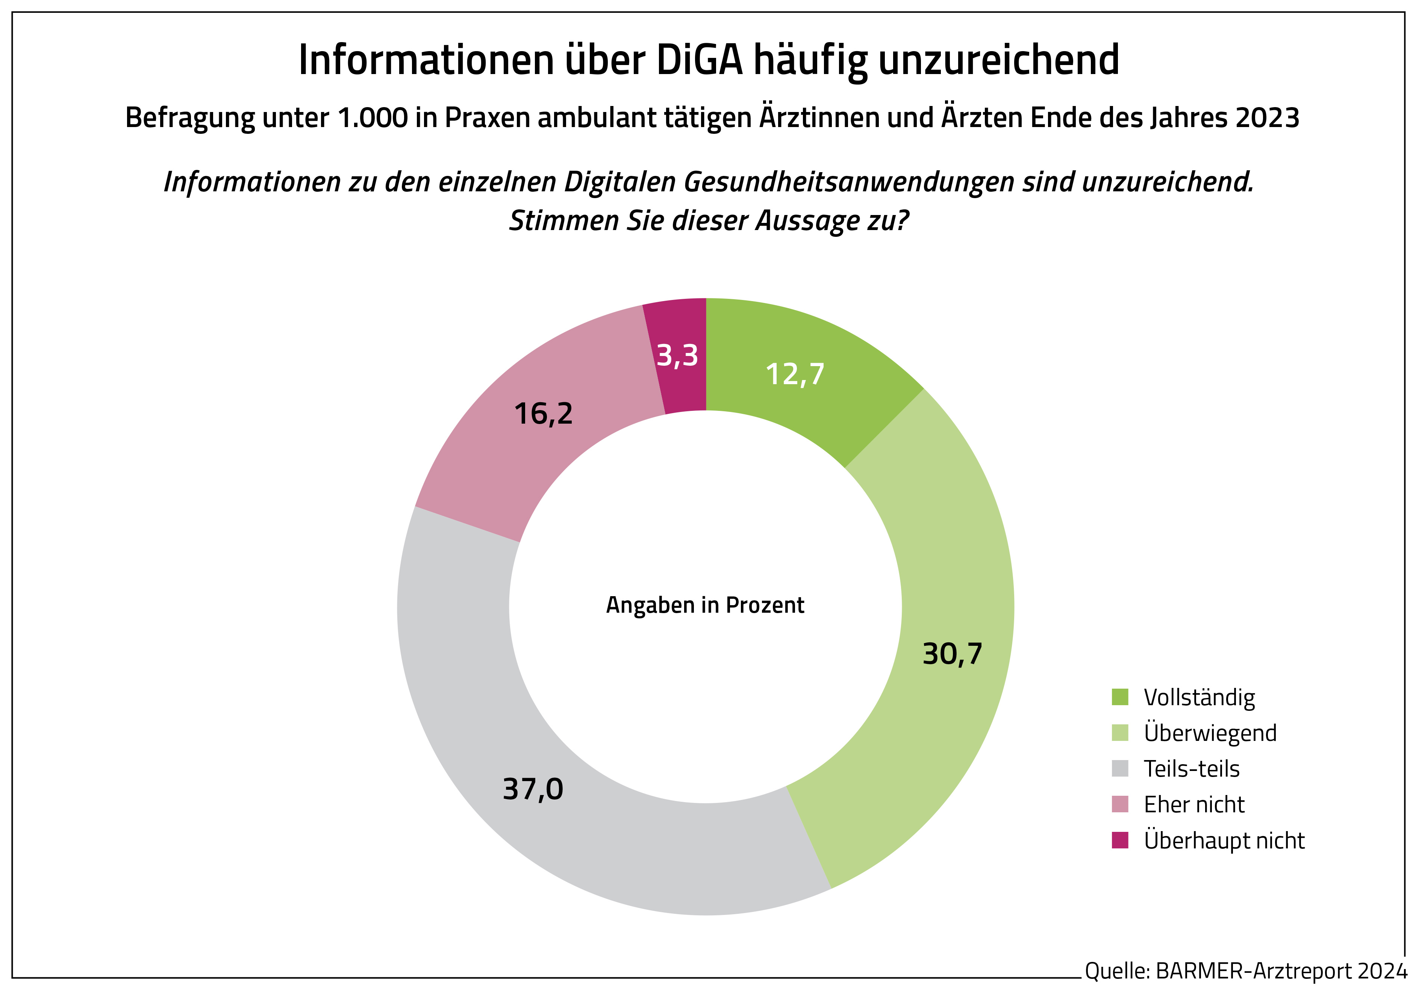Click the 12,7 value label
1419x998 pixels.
click(x=795, y=374)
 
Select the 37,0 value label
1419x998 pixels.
click(x=533, y=789)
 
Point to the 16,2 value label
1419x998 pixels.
click(x=543, y=413)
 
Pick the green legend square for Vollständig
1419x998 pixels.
click(x=1120, y=697)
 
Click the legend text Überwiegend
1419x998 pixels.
click(x=1210, y=733)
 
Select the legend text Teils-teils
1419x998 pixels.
click(x=1191, y=769)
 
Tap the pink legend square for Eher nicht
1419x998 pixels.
click(x=1120, y=804)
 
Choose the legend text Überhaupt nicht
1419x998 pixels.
click(x=1224, y=841)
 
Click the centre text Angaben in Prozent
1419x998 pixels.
click(x=705, y=605)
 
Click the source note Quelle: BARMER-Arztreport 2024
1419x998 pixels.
click(x=1245, y=971)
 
